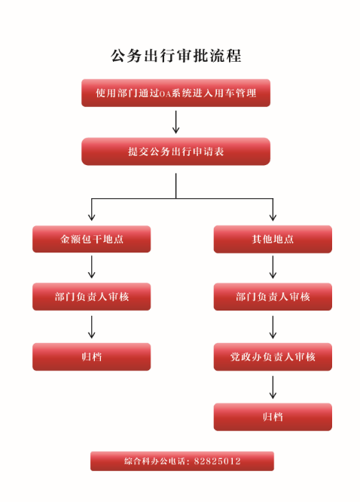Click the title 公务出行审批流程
click(x=176, y=56)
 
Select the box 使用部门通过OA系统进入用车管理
click(x=176, y=93)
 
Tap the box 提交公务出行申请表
click(x=176, y=152)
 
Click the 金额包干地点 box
click(x=92, y=239)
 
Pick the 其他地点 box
click(x=273, y=239)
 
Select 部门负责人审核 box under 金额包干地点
click(x=92, y=297)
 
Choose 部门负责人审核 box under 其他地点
click(x=273, y=297)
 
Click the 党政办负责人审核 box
click(x=273, y=357)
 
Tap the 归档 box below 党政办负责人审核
click(x=273, y=417)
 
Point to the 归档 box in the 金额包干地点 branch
click(x=92, y=357)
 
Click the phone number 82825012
click(x=217, y=461)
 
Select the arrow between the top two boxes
click(x=175, y=122)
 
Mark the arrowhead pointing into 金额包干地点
click(x=92, y=218)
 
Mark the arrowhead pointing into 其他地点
click(x=273, y=218)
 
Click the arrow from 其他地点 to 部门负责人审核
click(x=273, y=267)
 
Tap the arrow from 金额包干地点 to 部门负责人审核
click(x=92, y=267)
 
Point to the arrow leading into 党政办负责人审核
click(x=273, y=327)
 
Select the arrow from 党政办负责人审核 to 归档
click(x=273, y=387)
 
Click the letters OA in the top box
click(x=165, y=93)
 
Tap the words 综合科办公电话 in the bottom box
click(x=154, y=461)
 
